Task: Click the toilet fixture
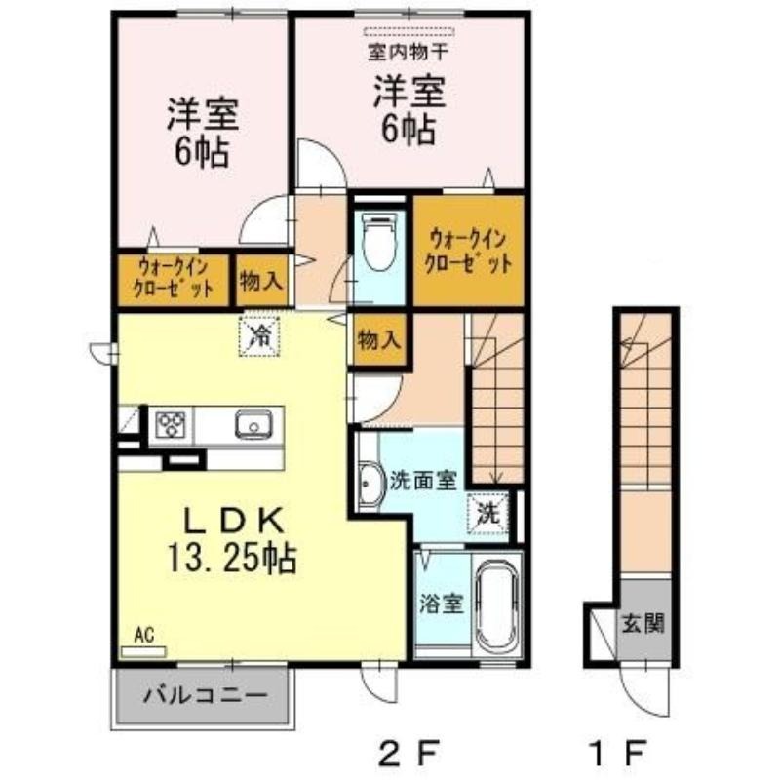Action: pyautogui.click(x=380, y=241)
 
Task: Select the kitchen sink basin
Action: pyautogui.click(x=253, y=424)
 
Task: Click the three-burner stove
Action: pyautogui.click(x=171, y=424)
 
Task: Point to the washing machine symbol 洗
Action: pyautogui.click(x=488, y=513)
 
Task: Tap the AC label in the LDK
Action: pyautogui.click(x=144, y=636)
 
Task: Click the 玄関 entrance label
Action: pyautogui.click(x=643, y=622)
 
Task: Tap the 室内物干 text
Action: pyautogui.click(x=409, y=52)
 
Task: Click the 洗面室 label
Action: pyautogui.click(x=422, y=481)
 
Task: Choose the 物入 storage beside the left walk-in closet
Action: pyautogui.click(x=261, y=281)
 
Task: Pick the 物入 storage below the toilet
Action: pyautogui.click(x=379, y=340)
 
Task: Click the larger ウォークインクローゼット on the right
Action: pyautogui.click(x=469, y=251)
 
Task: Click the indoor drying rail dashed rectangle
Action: pyautogui.click(x=409, y=32)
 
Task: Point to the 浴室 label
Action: pyautogui.click(x=442, y=604)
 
